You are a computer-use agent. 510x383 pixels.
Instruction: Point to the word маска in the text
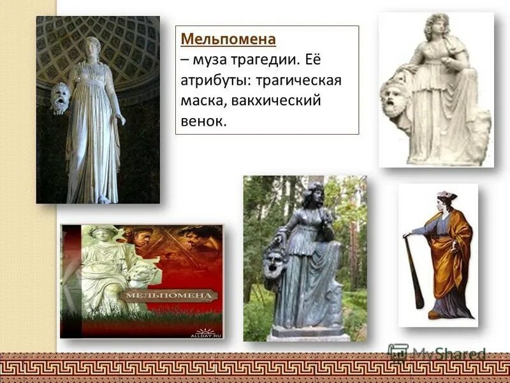coord(202,101)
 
